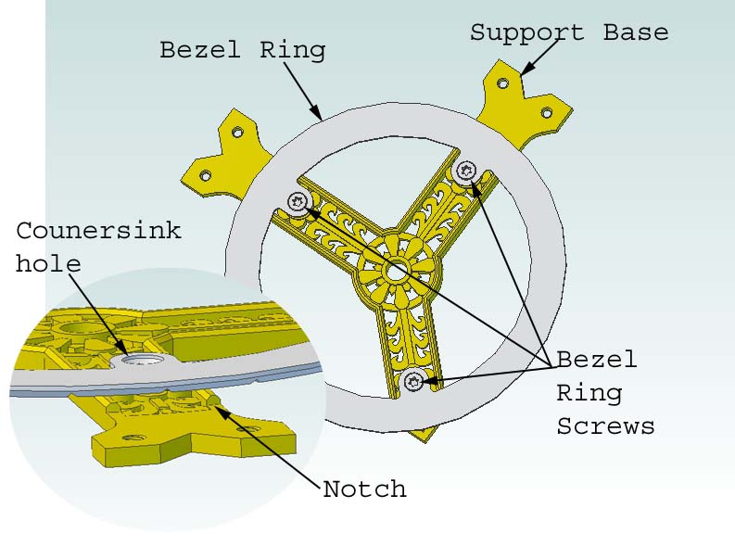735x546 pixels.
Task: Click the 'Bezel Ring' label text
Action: [x=242, y=49]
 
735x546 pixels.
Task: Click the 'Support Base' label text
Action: [x=568, y=32]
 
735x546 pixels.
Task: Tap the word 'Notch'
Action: [x=364, y=489]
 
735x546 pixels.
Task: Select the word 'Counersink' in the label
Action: [x=98, y=230]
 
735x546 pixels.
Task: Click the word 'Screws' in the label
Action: [x=604, y=425]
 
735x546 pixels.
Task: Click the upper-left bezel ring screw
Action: [x=298, y=201]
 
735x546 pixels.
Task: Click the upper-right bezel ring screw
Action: [x=467, y=170]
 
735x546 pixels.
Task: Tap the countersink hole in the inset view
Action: [x=145, y=359]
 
